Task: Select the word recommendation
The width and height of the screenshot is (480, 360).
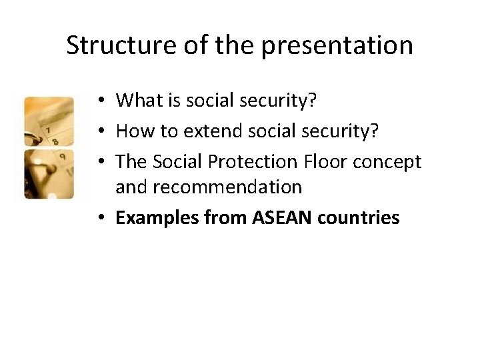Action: click(x=209, y=188)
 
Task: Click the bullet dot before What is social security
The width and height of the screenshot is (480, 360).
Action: click(x=98, y=101)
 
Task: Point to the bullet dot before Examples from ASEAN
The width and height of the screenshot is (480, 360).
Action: click(x=98, y=218)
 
